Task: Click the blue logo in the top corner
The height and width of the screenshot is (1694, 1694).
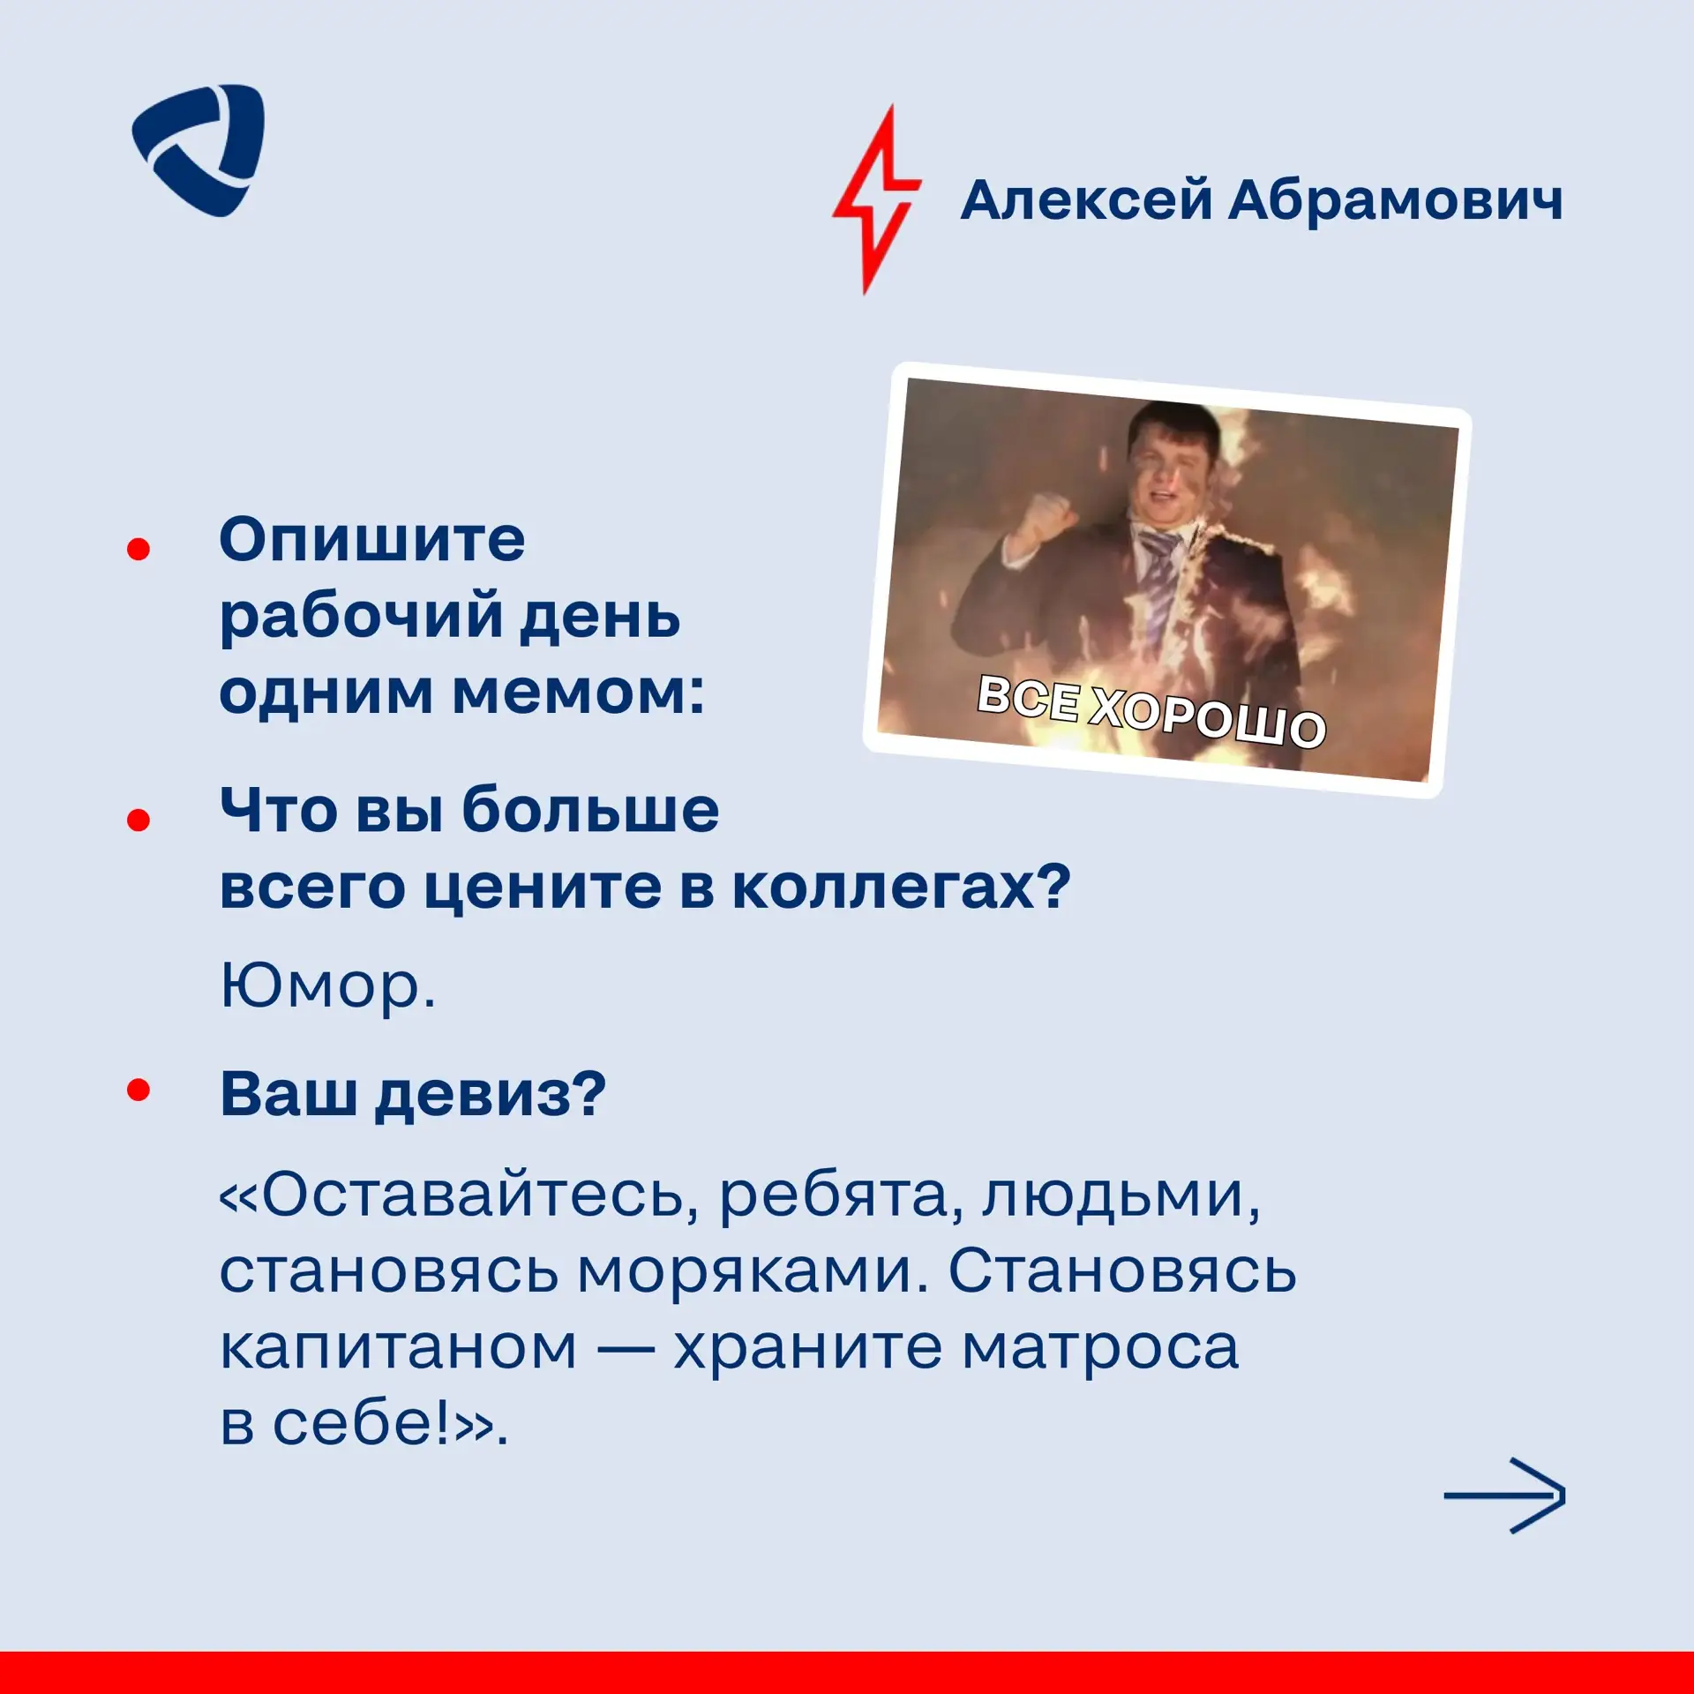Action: pos(199,150)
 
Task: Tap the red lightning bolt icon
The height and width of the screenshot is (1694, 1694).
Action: pos(876,199)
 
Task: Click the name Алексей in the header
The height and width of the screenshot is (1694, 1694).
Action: pos(1086,200)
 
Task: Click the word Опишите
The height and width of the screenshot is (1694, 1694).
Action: pos(371,539)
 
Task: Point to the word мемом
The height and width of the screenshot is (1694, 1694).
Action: pos(578,693)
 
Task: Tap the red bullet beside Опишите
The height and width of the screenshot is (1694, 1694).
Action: pos(139,549)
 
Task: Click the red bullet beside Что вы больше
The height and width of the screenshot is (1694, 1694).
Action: pos(139,820)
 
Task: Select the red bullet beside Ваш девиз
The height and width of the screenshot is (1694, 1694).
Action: pos(139,1091)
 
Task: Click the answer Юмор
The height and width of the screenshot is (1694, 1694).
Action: pos(327,986)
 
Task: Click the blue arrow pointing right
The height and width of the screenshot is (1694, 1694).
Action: pos(1504,1495)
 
